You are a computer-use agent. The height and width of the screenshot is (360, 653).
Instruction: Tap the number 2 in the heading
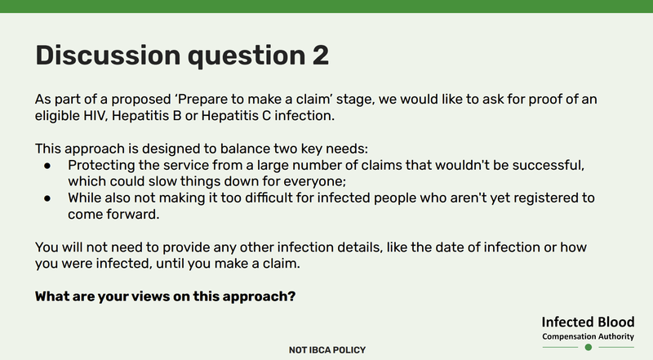point(318,55)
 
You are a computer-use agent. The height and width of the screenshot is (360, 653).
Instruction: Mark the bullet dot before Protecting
point(49,166)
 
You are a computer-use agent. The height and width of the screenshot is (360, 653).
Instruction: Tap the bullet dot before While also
point(49,198)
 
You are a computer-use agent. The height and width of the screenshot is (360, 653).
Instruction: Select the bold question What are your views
point(165,296)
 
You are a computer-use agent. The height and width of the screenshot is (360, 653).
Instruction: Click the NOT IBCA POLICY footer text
point(326,350)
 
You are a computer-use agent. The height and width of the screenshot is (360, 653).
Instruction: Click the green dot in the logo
point(588,347)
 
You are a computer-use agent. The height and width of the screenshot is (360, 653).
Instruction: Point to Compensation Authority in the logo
point(588,336)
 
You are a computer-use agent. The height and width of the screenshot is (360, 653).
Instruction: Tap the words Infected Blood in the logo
point(588,322)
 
